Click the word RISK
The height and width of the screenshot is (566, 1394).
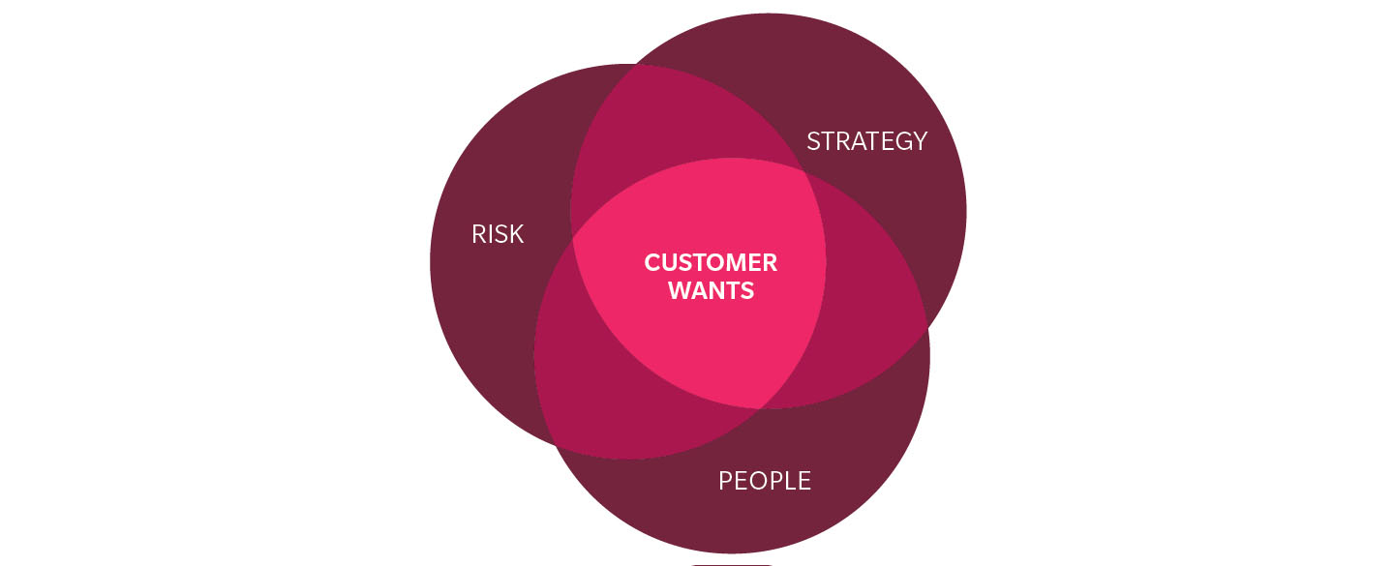click(x=498, y=234)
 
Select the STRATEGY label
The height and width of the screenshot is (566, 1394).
click(x=866, y=141)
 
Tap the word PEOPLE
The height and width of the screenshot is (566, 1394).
click(x=764, y=481)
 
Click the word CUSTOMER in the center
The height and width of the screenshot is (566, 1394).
click(x=711, y=262)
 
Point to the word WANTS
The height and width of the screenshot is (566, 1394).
click(x=712, y=290)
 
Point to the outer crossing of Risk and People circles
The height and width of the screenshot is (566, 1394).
click(x=556, y=447)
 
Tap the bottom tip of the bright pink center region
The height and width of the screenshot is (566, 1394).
click(x=760, y=407)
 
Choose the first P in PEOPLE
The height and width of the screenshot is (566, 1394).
click(x=726, y=481)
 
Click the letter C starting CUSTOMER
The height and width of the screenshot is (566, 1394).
click(x=652, y=262)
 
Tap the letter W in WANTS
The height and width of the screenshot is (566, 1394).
click(x=679, y=290)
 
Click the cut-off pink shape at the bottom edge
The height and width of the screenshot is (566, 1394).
click(x=732, y=563)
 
